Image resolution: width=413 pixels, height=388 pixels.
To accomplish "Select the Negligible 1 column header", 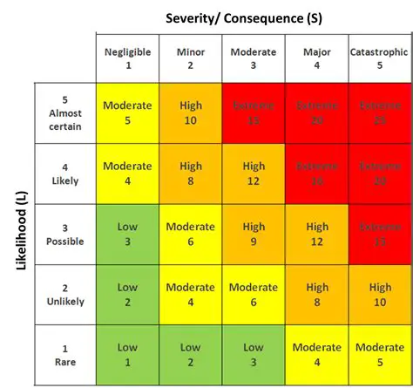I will (x=128, y=58).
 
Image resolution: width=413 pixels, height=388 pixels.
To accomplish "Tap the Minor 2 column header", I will (x=190, y=58).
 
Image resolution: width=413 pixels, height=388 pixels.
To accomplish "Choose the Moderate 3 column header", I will (x=254, y=58).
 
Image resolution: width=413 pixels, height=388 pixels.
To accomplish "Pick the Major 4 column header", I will (x=316, y=58).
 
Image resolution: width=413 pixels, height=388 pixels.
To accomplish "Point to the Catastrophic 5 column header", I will (x=379, y=58).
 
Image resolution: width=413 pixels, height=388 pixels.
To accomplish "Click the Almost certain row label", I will (x=64, y=113).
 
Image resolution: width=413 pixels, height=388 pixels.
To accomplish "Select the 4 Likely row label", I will (x=64, y=174).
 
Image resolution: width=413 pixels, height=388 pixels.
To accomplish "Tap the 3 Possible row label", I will (x=64, y=234).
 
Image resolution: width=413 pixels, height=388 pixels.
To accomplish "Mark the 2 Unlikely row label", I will (x=64, y=294).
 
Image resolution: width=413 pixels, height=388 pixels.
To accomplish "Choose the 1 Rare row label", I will (x=64, y=354).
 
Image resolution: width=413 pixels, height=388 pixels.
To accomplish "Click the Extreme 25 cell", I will (x=379, y=113).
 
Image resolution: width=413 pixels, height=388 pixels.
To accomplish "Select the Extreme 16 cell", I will (x=316, y=174).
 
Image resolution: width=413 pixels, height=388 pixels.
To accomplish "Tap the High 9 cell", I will (x=254, y=234).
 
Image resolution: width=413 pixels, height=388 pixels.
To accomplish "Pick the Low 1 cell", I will (x=128, y=354).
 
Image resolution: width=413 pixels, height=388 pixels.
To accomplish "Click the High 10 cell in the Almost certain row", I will (x=190, y=113).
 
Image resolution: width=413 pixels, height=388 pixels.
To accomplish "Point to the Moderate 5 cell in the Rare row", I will (x=379, y=354).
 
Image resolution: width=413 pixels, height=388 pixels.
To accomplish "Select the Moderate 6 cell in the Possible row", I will (x=190, y=234).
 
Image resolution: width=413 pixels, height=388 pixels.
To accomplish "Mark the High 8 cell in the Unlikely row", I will (x=316, y=294).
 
